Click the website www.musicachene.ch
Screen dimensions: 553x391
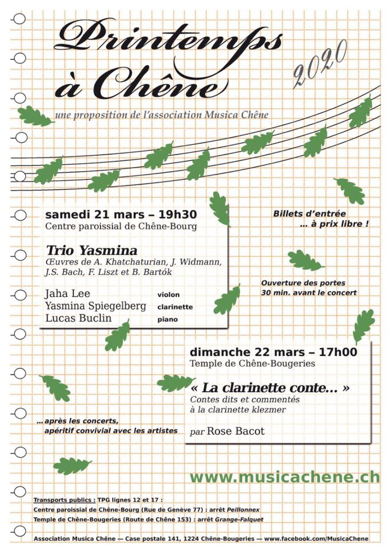[285, 477]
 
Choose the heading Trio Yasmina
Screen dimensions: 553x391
[91, 251]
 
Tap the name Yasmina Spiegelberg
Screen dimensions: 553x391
[96, 306]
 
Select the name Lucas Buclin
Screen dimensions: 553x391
[78, 319]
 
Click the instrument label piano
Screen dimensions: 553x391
[167, 320]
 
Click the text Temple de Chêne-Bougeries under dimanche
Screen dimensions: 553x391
[252, 364]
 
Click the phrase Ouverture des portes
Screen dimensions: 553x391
[303, 283]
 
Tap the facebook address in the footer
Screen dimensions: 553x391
[316, 538]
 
